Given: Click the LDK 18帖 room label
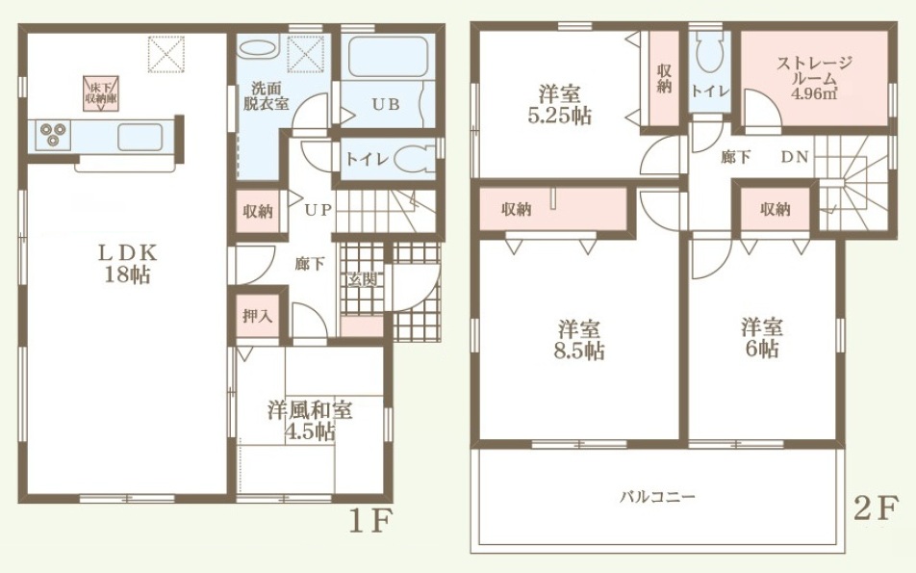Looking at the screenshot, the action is coord(127,264).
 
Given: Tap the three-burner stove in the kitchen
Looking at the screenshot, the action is coord(53,135).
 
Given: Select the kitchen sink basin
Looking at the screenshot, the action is coord(140,137).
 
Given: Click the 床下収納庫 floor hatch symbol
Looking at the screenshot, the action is coord(100,93).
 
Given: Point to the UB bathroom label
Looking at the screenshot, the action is coord(386,105).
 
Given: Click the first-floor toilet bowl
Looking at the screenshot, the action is coord(414,159).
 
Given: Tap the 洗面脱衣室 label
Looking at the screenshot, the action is coord(266,96).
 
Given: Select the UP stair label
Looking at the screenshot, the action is coord(318,210).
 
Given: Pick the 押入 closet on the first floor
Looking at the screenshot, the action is coord(258,316).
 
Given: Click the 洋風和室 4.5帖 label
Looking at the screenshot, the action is coord(310,421).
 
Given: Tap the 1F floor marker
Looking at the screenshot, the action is coord(369,522).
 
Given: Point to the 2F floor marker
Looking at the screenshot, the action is coord(874,508).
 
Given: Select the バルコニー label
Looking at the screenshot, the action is coord(657,498).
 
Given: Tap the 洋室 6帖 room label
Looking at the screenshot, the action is coord(762,337).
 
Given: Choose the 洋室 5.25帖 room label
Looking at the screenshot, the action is coord(560,105).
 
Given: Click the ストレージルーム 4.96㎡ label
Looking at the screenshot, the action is coord(814,78).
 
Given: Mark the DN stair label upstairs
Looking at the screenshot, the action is coord(795,157).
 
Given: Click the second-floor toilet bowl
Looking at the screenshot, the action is coord(708,54).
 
